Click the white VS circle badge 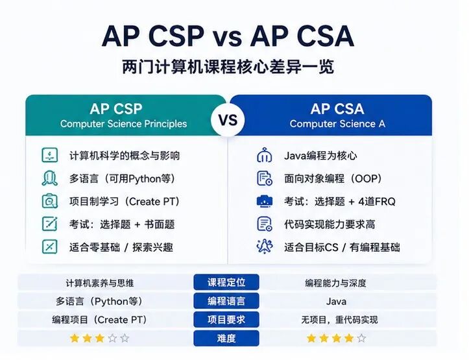pos(228,120)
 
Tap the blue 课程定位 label pos(226,282)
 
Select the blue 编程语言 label pos(226,301)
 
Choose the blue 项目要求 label pos(226,320)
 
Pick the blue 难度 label pos(226,338)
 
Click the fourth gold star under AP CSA pos(349,338)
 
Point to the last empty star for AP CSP pos(125,338)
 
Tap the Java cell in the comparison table pos(336,302)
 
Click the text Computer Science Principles pos(123,124)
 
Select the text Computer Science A pos(337,124)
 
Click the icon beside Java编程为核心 pos(265,155)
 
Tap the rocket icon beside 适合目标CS pos(265,246)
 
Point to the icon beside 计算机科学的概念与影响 pos(50,155)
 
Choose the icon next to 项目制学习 pos(50,201)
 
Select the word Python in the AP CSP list pos(145,179)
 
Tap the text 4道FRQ pos(377,202)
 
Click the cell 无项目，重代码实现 pos(339,320)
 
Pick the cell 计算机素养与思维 pos(100,283)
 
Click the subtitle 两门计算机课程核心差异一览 pos(228,67)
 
